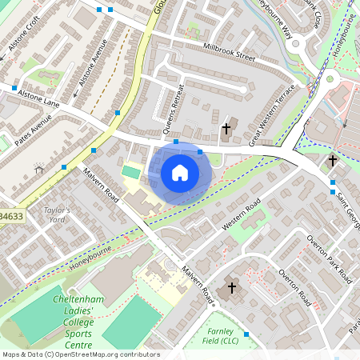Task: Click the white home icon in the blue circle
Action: tap(180, 173)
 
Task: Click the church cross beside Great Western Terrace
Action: tap(226, 129)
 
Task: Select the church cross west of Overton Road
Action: tap(232, 287)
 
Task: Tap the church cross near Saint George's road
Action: tap(333, 161)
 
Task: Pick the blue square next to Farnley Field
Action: tap(246, 334)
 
